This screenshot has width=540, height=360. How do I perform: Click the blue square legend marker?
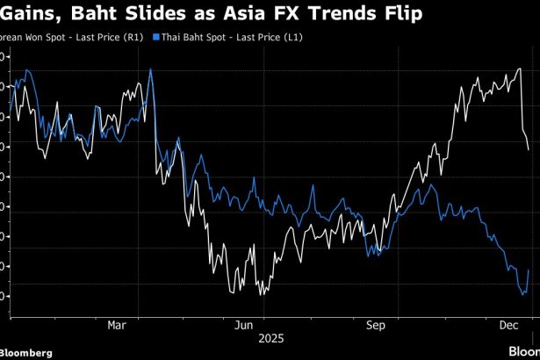(x=155, y=38)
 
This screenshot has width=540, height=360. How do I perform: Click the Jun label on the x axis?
(x=245, y=325)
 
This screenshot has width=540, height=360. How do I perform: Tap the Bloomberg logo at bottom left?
(x=26, y=352)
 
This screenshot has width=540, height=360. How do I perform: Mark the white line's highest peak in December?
(x=520, y=68)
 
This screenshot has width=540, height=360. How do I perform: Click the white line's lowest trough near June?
(x=263, y=294)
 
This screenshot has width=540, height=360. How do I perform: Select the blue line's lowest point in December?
(x=522, y=295)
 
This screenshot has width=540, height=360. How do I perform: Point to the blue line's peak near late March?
(x=151, y=69)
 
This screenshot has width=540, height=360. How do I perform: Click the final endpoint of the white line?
(x=528, y=149)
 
